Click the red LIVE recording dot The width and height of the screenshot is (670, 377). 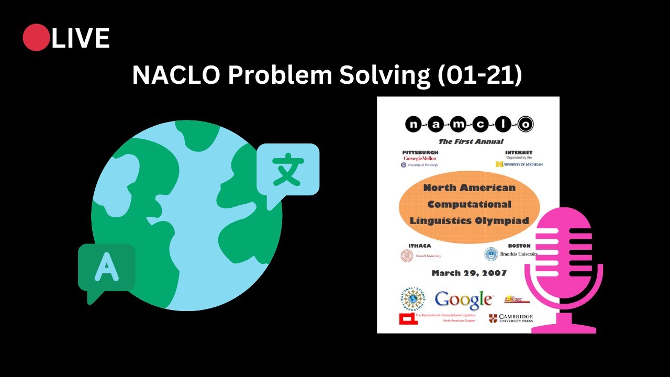click(36, 38)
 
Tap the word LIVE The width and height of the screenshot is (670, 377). click(81, 39)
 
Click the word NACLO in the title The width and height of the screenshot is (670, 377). click(176, 75)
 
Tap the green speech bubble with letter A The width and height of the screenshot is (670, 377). click(106, 269)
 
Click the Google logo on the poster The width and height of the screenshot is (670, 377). click(463, 300)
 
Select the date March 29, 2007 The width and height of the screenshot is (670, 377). click(469, 273)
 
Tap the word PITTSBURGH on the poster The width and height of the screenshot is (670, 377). click(420, 152)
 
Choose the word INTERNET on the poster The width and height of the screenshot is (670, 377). click(518, 152)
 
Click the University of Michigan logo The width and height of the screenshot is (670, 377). click(519, 164)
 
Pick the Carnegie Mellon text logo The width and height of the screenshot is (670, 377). click(420, 158)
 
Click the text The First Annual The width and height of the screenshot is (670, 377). click(471, 141)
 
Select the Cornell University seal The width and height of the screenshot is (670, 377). click(407, 256)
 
